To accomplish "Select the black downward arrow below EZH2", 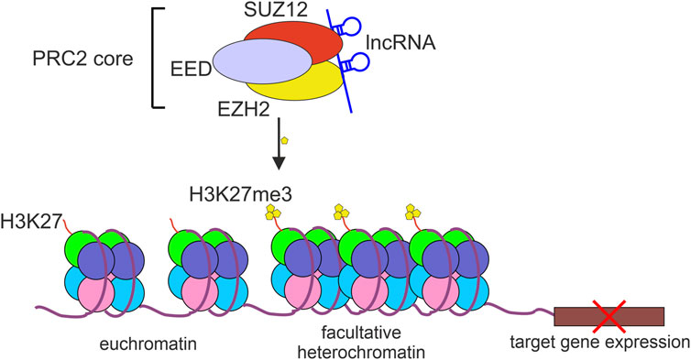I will tap(280, 150).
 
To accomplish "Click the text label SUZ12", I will tap(286, 10).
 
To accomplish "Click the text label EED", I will tap(193, 68).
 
